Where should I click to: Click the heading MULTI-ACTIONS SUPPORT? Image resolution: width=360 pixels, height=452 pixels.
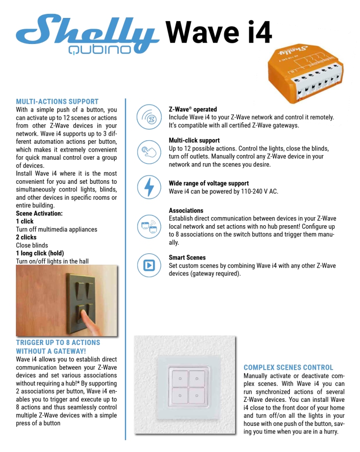pos(57,101)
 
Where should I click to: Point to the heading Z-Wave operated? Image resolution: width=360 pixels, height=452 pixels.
pos(193,109)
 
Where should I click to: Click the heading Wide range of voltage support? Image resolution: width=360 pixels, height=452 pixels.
pos(208,183)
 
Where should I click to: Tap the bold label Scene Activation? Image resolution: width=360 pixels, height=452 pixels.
pos(39,213)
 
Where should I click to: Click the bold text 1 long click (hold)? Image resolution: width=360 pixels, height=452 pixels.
pos(48,253)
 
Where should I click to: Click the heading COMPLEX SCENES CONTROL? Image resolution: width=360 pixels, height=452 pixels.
pos(288,368)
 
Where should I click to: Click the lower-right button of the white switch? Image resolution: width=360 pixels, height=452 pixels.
pos(197,396)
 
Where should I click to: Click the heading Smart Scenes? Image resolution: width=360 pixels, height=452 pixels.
pos(187,257)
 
